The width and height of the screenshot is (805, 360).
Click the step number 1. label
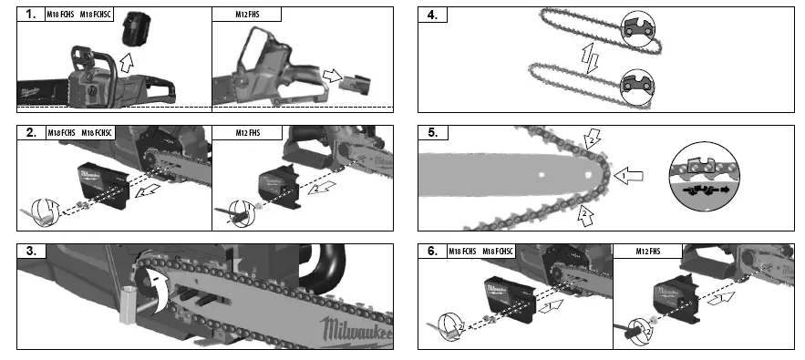pos(30,15)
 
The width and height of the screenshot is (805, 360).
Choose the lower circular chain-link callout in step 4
pos(637,88)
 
